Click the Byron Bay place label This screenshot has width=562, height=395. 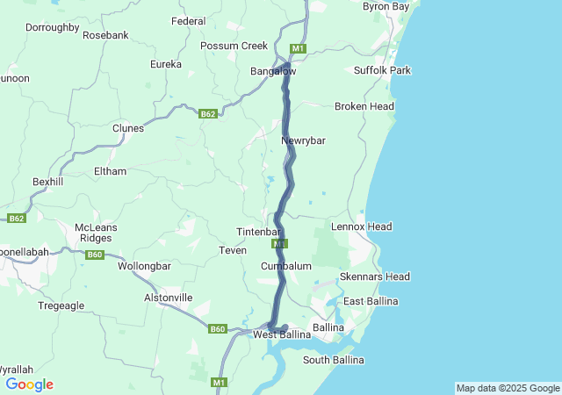(x=386, y=6)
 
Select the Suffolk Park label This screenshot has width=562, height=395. (x=382, y=69)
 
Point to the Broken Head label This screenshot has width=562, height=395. (x=364, y=106)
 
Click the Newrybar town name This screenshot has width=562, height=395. (x=303, y=140)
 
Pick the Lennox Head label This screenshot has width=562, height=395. (x=361, y=226)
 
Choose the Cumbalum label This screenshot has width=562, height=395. (x=286, y=265)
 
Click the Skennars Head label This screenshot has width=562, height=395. (x=375, y=276)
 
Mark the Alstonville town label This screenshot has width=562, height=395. (x=168, y=298)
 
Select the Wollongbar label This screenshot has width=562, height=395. (x=144, y=265)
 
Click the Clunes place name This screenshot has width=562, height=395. (x=128, y=128)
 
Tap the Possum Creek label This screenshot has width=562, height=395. (x=234, y=46)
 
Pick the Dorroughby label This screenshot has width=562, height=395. (x=52, y=27)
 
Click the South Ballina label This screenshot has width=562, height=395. (x=333, y=360)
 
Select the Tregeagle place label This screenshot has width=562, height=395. (x=61, y=305)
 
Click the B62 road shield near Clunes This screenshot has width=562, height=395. (x=207, y=114)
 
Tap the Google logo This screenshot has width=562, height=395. (x=29, y=384)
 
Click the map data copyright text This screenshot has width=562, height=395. (x=508, y=388)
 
